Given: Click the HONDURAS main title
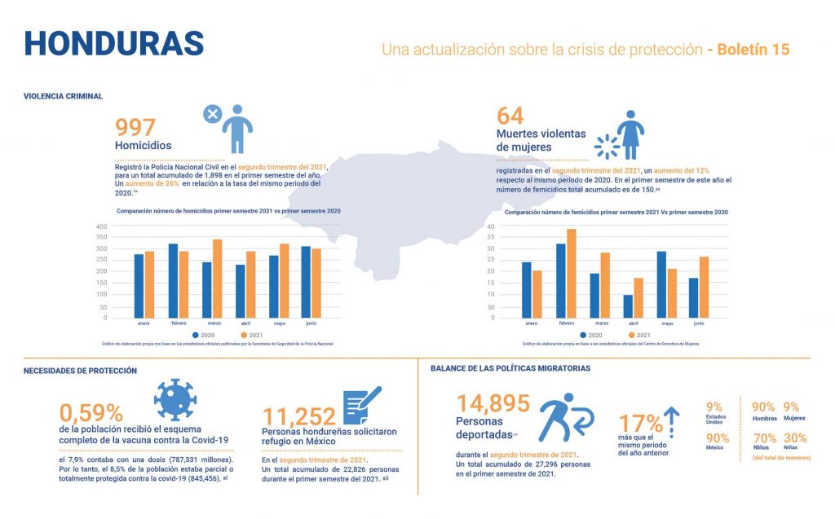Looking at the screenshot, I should point(113,43).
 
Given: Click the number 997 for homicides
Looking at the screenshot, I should point(146,127).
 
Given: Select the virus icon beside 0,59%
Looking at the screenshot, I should point(175,399).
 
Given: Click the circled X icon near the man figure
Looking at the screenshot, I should point(211,114).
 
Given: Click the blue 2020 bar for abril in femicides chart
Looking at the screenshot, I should point(627,306).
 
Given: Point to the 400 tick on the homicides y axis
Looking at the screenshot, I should point(102,227).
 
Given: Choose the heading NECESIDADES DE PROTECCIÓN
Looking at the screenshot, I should point(80,371).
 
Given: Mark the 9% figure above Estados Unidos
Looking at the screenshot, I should point(714,407).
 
